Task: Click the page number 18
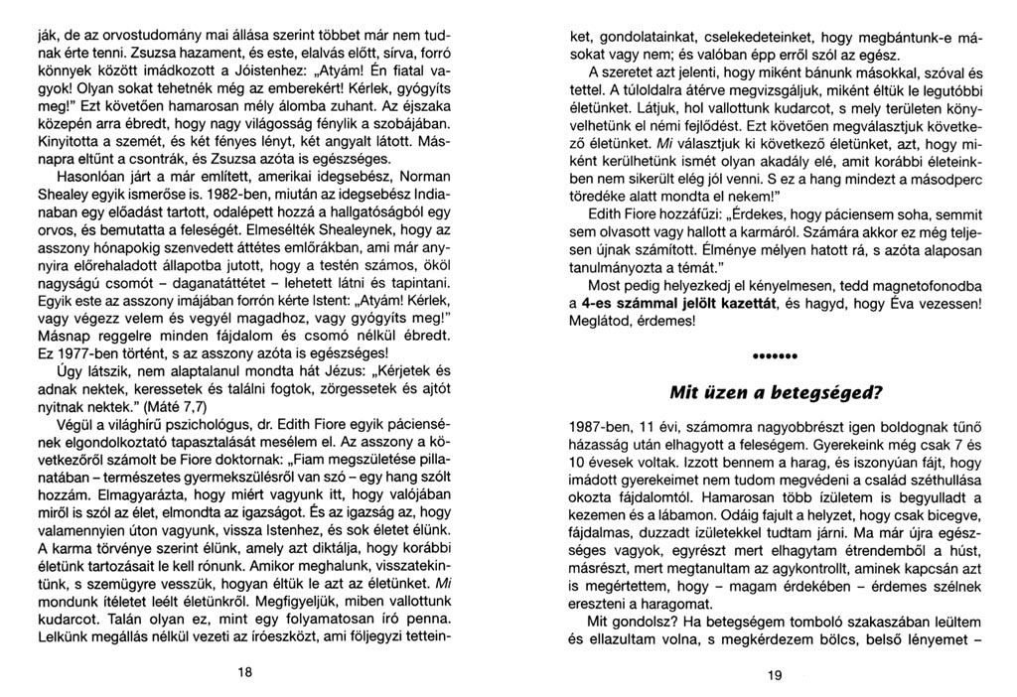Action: (x=244, y=671)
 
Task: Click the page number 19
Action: (x=775, y=674)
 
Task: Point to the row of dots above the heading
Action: (x=777, y=355)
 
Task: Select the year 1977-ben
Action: (x=88, y=350)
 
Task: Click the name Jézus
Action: (x=324, y=369)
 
